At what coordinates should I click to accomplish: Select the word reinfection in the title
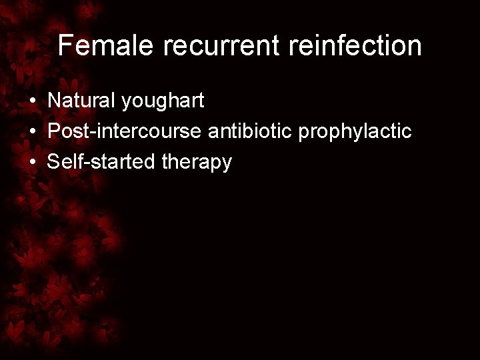337,46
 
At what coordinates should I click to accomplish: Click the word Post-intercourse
125,132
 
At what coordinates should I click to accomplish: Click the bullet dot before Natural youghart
31,103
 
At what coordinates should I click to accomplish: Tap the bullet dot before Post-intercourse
31,133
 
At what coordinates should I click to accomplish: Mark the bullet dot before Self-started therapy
31,163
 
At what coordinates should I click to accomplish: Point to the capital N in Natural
54,102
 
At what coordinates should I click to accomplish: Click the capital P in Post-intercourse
54,132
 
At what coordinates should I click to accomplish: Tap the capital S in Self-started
54,162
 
